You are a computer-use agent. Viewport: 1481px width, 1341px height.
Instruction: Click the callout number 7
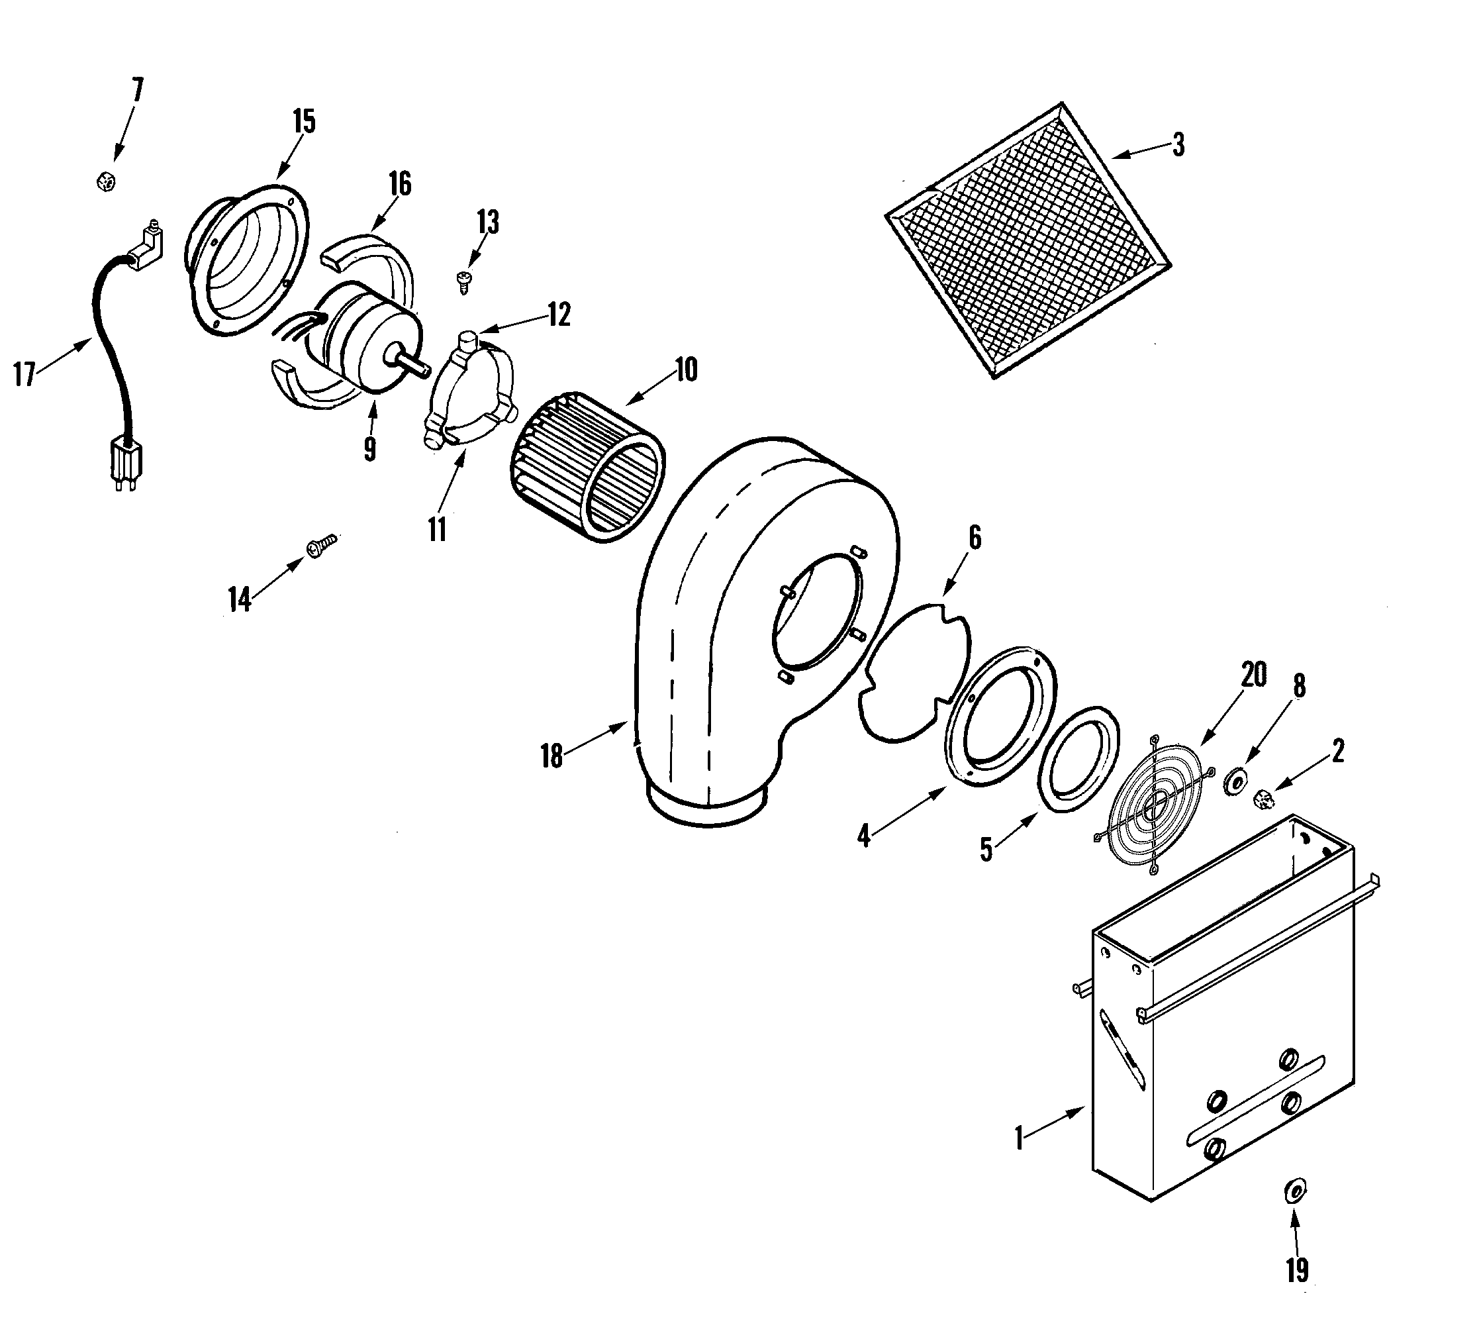[x=137, y=92]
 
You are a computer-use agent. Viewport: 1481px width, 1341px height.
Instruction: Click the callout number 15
[x=303, y=122]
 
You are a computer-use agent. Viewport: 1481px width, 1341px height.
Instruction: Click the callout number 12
[x=558, y=315]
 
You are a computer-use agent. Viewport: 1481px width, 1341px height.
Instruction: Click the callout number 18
[x=551, y=756]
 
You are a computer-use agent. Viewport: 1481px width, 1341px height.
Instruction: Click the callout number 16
[x=400, y=183]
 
